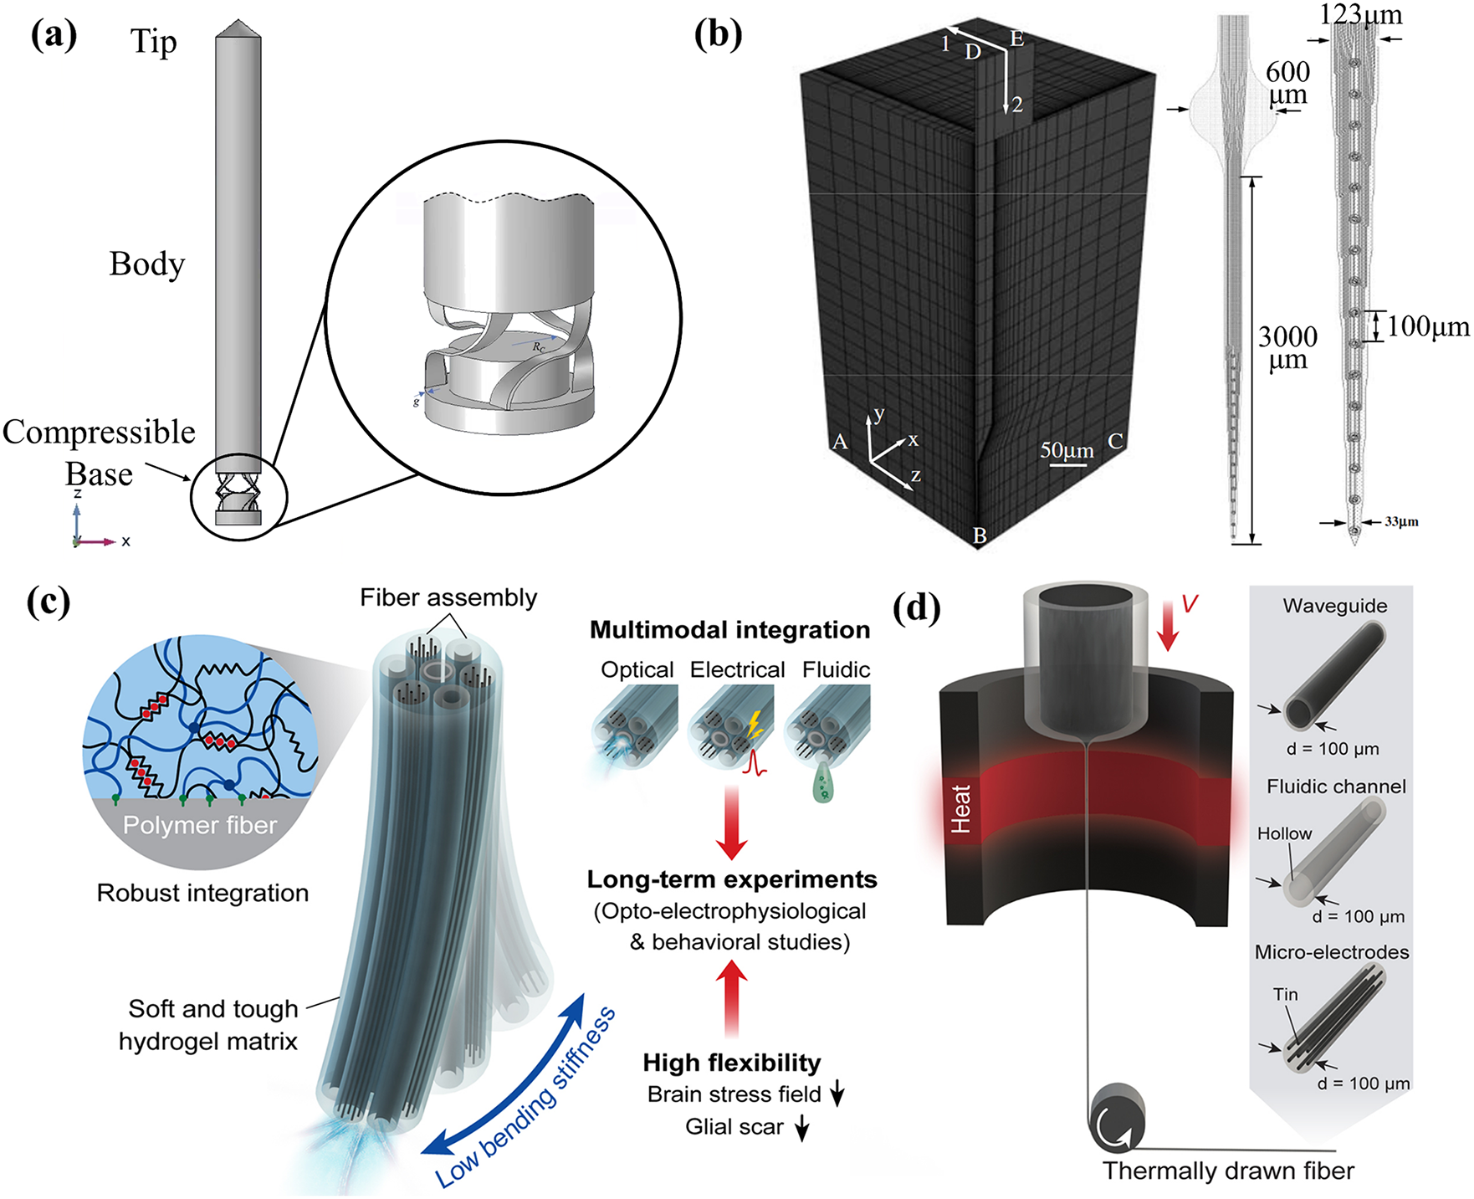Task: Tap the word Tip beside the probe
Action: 153,41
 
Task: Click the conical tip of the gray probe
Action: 238,28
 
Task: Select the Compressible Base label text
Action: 99,453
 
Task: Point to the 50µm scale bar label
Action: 1067,451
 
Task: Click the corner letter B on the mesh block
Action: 980,535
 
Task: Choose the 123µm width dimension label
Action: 1360,14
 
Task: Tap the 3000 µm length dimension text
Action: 1287,348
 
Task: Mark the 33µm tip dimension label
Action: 1401,522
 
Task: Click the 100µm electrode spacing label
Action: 1428,327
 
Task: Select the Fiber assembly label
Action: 448,597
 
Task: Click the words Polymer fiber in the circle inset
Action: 199,826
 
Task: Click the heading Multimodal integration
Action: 729,630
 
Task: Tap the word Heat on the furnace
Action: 961,808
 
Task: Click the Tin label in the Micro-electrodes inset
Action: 1285,994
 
